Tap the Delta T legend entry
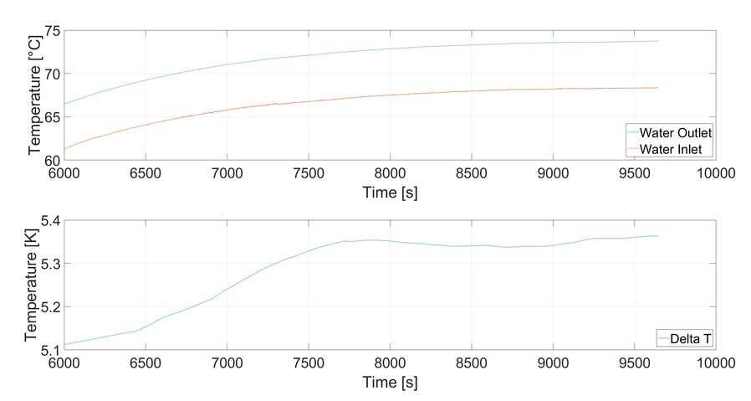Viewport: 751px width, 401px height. tap(686, 337)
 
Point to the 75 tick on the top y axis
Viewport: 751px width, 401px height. tap(51, 31)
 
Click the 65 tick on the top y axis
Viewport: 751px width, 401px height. tap(51, 116)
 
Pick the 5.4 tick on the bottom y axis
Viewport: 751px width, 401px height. tap(48, 221)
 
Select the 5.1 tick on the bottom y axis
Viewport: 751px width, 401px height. tap(48, 348)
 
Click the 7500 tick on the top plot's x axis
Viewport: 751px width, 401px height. tap(308, 173)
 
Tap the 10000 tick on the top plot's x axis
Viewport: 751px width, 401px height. tap(716, 173)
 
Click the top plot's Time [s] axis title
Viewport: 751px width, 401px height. tap(390, 193)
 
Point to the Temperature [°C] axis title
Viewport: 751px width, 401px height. tap(33, 95)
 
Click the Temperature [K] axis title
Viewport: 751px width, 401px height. tap(33, 285)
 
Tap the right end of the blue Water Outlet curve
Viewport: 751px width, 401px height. tap(658, 41)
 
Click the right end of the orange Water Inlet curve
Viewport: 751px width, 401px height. tap(658, 88)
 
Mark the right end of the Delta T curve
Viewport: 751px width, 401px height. tap(658, 236)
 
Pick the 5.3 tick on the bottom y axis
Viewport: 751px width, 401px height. tap(48, 264)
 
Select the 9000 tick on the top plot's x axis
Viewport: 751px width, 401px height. tap(553, 173)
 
